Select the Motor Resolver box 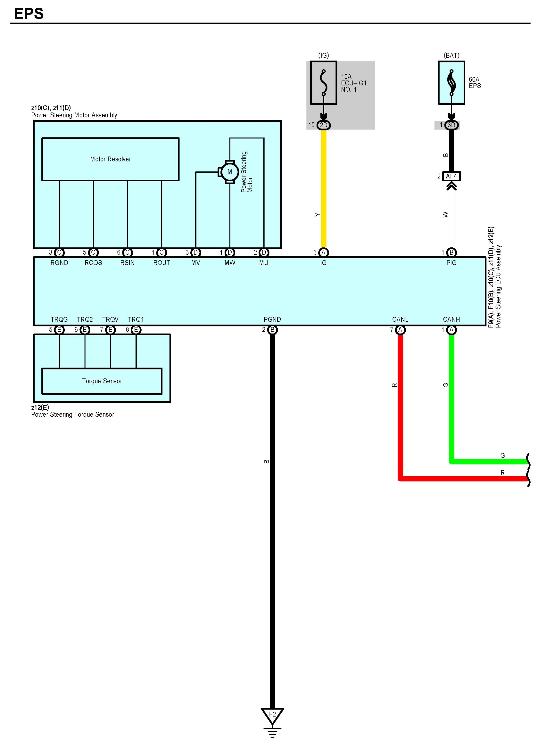111,159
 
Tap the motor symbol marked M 230,172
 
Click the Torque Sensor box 102,381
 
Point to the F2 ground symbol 272,716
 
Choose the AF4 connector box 451,176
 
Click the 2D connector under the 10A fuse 324,125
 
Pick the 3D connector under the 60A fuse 451,125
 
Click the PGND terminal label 272,319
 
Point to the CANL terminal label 400,319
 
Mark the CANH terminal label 451,319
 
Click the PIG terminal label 451,263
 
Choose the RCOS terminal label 93,263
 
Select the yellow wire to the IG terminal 324,190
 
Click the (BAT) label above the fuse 451,55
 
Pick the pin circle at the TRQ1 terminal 136,330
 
